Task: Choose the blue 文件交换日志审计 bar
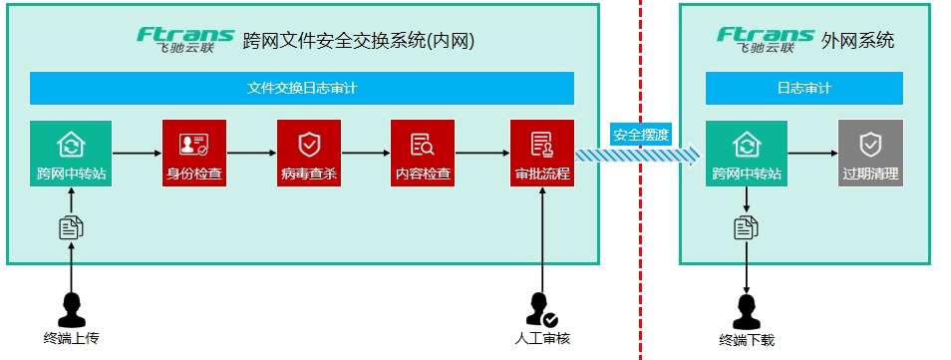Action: click(x=302, y=89)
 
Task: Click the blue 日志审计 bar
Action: click(x=804, y=89)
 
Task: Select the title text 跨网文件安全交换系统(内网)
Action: click(x=358, y=41)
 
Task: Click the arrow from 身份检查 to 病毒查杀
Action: click(x=251, y=154)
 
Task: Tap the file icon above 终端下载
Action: click(x=746, y=227)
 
